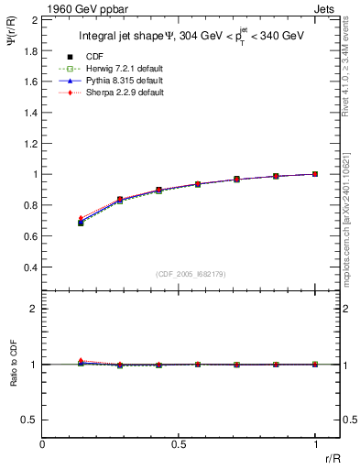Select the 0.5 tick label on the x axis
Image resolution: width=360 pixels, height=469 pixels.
coord(179,445)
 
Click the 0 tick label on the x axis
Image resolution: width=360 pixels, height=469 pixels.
coord(43,445)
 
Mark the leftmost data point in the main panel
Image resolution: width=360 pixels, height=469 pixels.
coord(82,222)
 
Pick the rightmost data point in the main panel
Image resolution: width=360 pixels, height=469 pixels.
coord(315,174)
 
